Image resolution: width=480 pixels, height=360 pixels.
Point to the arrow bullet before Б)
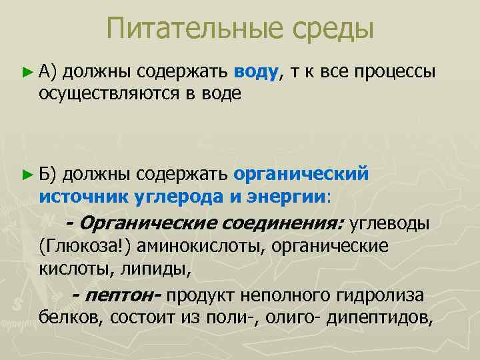[27, 175]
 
